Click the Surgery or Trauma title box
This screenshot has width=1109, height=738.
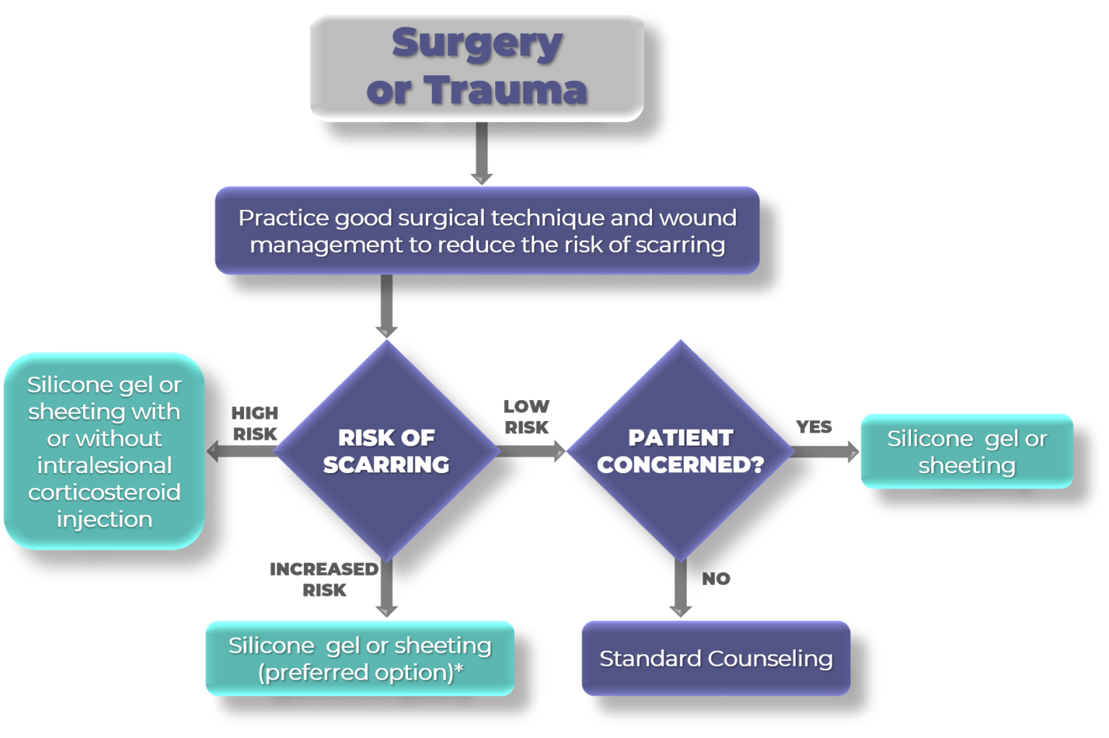477,65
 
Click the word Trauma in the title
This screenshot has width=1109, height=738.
505,90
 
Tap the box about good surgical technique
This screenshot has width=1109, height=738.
487,230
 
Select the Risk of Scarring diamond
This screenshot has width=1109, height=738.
386,451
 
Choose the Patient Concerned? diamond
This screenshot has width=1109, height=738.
680,451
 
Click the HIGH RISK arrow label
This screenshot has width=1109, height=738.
254,423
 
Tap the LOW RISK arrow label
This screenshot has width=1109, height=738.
526,417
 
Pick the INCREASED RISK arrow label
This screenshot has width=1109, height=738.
324,579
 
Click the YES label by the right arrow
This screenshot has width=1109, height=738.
814,427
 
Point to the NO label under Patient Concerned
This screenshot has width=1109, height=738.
716,578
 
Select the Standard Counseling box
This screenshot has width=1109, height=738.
716,658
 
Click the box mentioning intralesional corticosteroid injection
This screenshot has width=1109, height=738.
104,451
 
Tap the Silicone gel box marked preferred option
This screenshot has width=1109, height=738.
360,658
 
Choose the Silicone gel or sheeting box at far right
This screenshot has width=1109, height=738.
967,451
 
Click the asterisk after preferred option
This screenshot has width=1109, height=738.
458,670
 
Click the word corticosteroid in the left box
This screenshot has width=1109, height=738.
104,492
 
